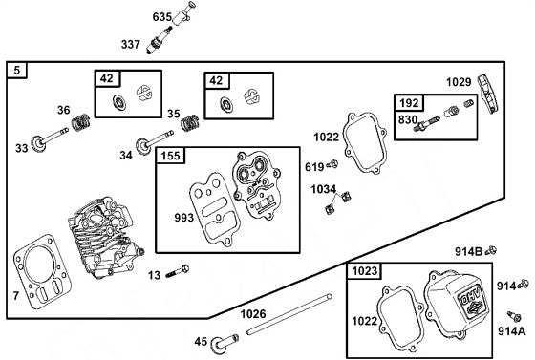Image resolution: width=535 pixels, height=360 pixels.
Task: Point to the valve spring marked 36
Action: point(82,122)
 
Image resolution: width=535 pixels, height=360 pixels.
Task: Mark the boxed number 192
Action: point(408,101)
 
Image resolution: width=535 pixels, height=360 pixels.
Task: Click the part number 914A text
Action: point(511,331)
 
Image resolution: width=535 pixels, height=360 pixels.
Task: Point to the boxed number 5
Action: point(17,71)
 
